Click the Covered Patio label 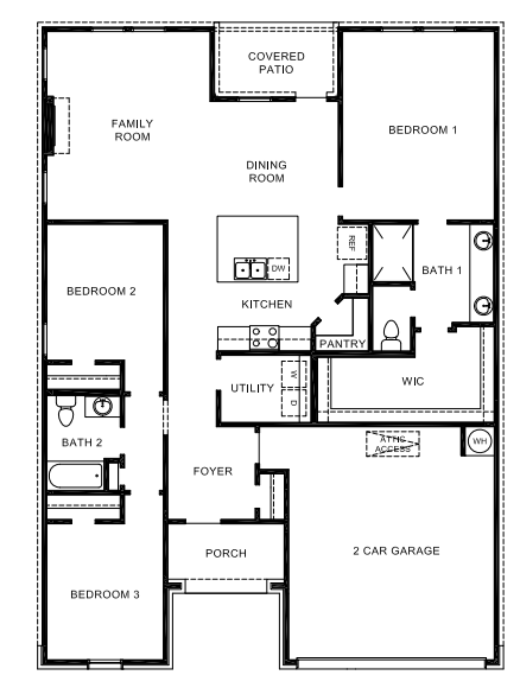pos(276,63)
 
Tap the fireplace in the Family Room pos(59,126)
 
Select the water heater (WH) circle pos(479,441)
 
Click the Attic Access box pos(392,444)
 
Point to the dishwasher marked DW pos(278,268)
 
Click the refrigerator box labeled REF pos(352,243)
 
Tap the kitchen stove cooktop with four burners pos(264,337)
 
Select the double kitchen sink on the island pos(250,269)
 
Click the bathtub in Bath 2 pos(76,476)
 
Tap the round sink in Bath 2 pos(102,406)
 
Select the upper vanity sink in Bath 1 pos(482,240)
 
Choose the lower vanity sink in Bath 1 pos(482,305)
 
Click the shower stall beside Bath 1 pos(392,253)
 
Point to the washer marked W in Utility pos(293,374)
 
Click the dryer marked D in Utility pos(293,403)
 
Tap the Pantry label pos(342,343)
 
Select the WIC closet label pos(413,381)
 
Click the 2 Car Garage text pos(396,551)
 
